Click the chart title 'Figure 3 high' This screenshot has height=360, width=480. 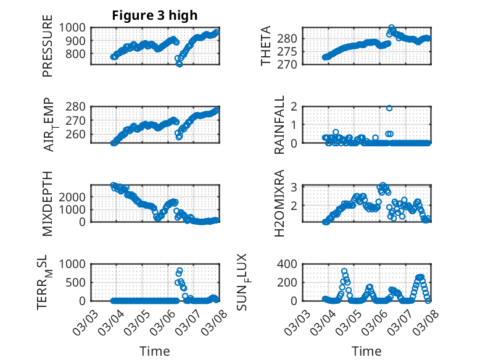(155, 15)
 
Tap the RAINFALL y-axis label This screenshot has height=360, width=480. (279, 125)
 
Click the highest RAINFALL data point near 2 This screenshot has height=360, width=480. (389, 107)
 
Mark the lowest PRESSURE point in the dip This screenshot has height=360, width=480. (180, 64)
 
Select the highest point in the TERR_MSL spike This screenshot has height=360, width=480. (180, 270)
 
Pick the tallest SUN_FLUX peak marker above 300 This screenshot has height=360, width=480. (344, 271)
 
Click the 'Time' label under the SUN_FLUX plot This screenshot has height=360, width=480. (366, 351)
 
